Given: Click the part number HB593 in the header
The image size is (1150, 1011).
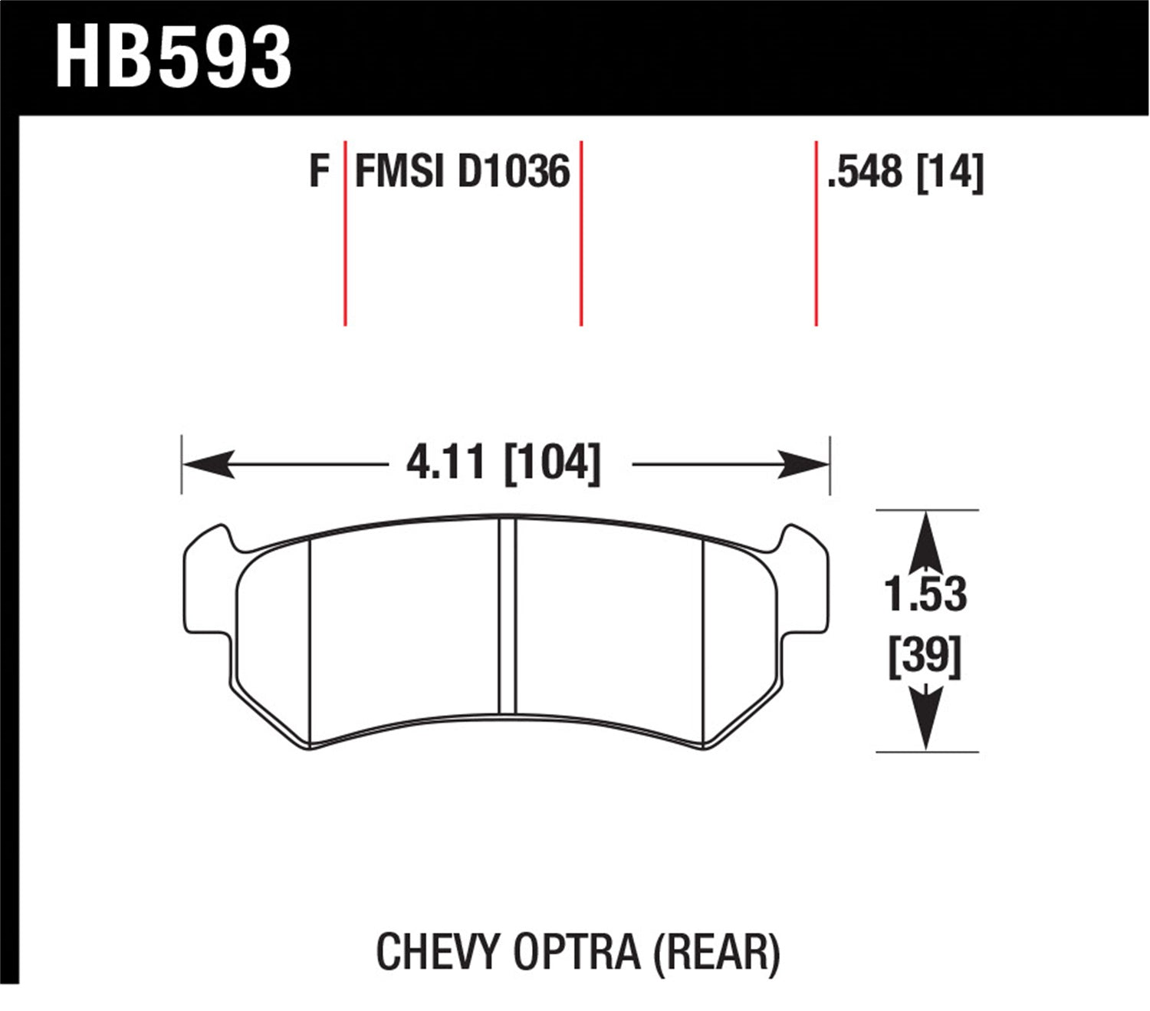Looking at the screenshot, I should [173, 58].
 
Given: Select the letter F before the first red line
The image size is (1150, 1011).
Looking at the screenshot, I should [319, 171].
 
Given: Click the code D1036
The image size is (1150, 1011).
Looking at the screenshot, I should [514, 171].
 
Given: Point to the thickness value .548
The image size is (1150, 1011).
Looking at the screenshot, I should [865, 172].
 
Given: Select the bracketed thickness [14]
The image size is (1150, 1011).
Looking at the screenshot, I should [950, 172].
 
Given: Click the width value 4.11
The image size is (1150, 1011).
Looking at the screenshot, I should [445, 463].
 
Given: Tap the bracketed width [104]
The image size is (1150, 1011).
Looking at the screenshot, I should [552, 463].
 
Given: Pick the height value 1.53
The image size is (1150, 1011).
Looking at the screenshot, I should [925, 594].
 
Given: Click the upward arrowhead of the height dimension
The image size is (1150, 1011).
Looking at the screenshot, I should [926, 537].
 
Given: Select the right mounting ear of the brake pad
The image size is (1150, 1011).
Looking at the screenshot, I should [804, 583].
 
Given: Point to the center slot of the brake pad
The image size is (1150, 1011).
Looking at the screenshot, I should [507, 617].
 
